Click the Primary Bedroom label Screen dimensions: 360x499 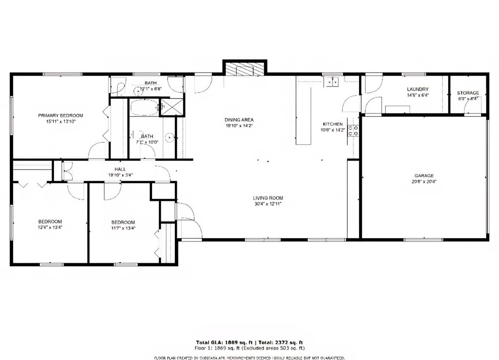(61, 115)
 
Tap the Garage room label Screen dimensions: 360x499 (424, 176)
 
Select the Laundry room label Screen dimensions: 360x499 (418, 89)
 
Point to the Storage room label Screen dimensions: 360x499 (468, 93)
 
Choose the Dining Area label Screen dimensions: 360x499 (239, 120)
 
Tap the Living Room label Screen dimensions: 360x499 (268, 198)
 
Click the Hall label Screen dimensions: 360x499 (120, 169)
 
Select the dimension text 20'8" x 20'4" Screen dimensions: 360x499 (424, 182)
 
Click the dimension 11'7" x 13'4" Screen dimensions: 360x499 (123, 228)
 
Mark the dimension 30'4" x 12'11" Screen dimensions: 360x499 (268, 204)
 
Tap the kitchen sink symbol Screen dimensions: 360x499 (334, 82)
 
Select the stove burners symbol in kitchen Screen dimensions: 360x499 (353, 130)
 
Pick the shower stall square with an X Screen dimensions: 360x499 (168, 107)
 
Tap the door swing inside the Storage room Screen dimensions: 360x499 (471, 104)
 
